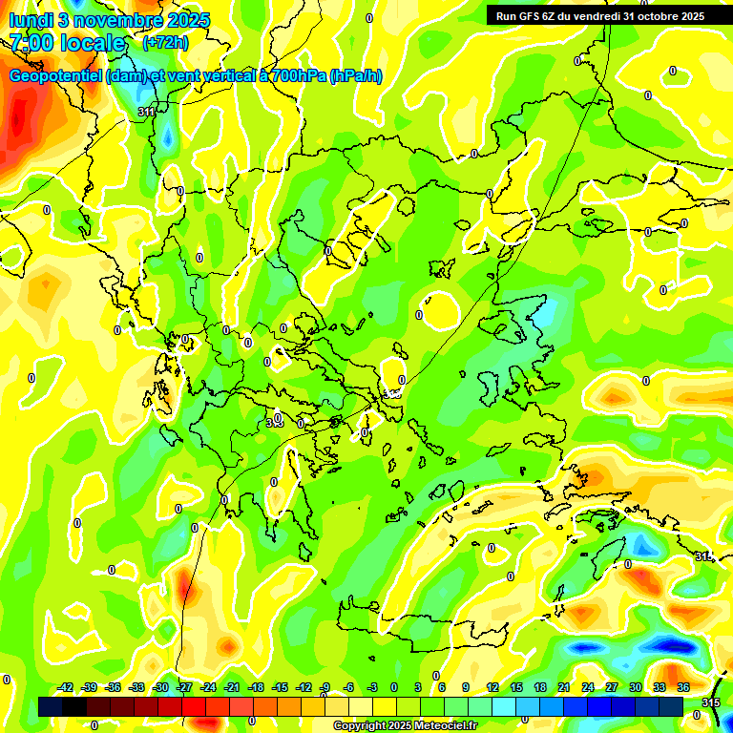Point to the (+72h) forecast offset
click(x=165, y=43)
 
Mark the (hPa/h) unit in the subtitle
click(x=355, y=76)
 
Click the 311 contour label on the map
click(x=147, y=113)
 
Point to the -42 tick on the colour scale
click(x=65, y=687)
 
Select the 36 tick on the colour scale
click(x=683, y=687)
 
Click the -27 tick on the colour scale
click(x=183, y=687)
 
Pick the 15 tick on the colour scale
click(x=516, y=687)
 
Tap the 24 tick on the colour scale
click(x=588, y=687)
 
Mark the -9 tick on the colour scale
click(x=325, y=687)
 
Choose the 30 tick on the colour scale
click(x=636, y=687)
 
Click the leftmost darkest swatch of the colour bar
click(x=51, y=706)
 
